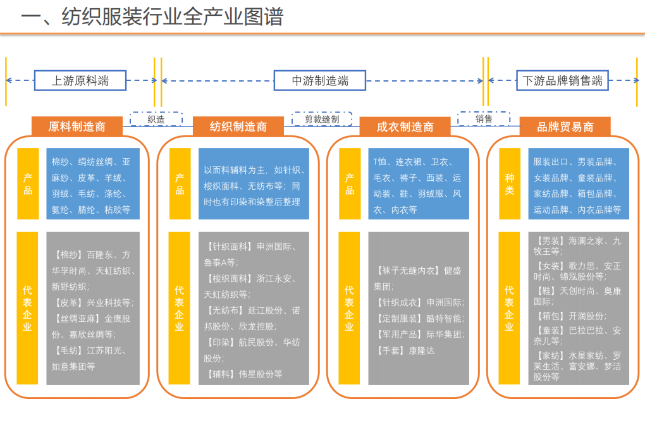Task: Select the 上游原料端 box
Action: coord(80,80)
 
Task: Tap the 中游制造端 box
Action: coord(320,80)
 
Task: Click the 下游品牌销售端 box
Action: coord(562,80)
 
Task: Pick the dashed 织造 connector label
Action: coord(156,119)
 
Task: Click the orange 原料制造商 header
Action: coord(77,126)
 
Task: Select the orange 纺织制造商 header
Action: coord(238,126)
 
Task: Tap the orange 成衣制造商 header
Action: coord(405,126)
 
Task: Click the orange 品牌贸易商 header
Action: coord(565,126)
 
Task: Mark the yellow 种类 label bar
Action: coord(510,184)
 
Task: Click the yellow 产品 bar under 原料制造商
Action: coord(27,184)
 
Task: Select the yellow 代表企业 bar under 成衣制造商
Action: coord(349,308)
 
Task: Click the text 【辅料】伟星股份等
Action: coord(244,374)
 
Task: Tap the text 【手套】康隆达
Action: coord(405,350)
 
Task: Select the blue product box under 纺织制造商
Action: coord(254,184)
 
